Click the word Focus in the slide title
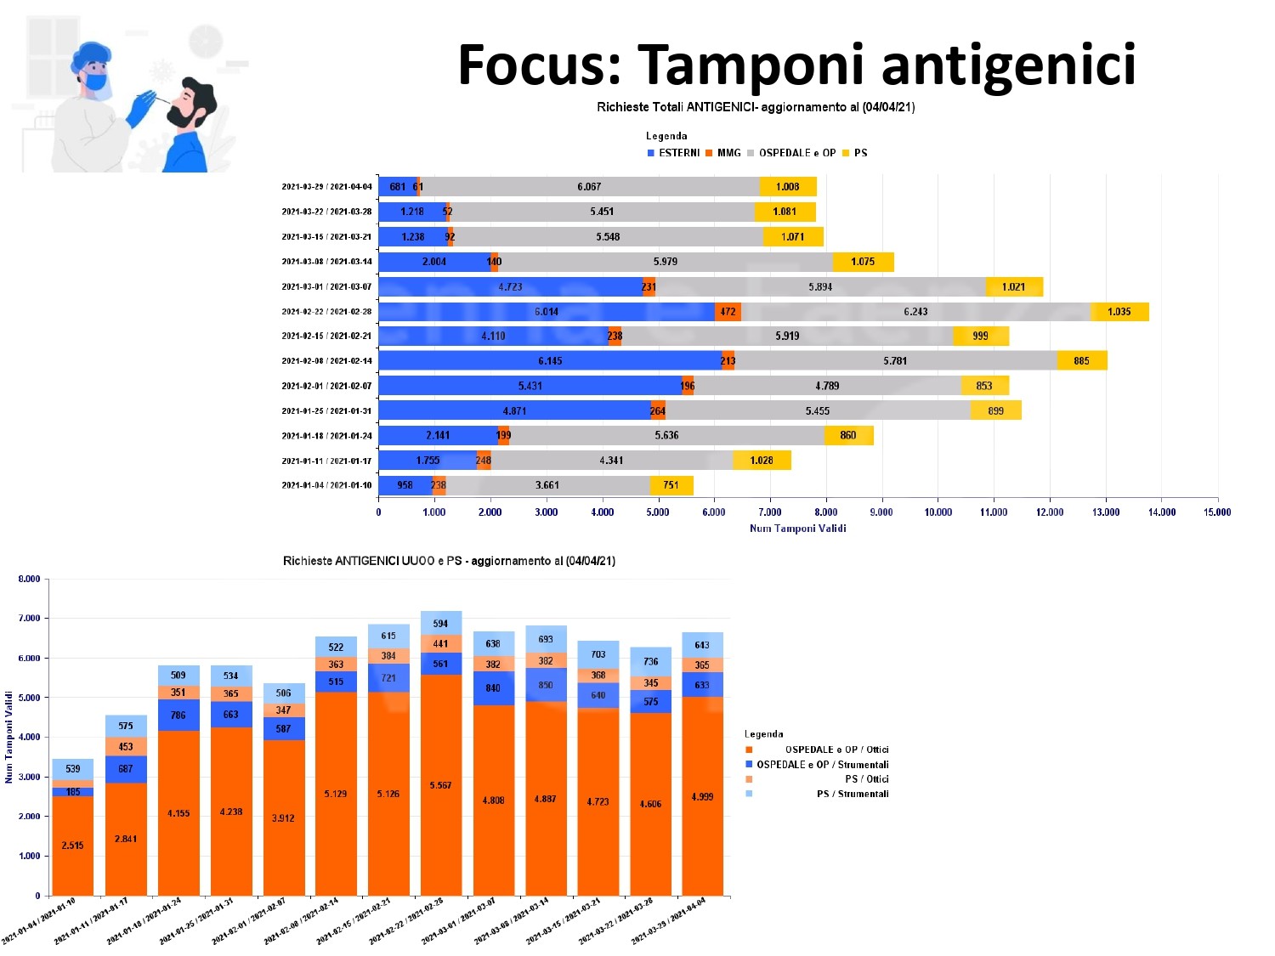[x=540, y=66]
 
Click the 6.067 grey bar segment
[x=589, y=187]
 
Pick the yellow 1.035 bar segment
[x=1119, y=312]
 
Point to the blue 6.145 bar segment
[x=550, y=361]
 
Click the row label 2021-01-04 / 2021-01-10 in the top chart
[x=326, y=486]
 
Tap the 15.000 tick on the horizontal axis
[x=1217, y=512]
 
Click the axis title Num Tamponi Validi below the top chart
[x=797, y=529]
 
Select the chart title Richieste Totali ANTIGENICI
[x=756, y=107]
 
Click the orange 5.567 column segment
[x=440, y=785]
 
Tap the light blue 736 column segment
[x=650, y=661]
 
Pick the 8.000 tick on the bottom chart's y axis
[x=30, y=580]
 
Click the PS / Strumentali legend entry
[x=852, y=795]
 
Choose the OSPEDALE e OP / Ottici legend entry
[x=836, y=750]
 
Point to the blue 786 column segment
[x=178, y=716]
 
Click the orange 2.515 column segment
[x=72, y=846]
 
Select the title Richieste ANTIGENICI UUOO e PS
[x=449, y=562]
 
